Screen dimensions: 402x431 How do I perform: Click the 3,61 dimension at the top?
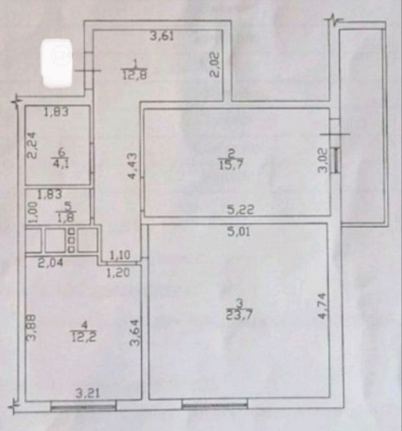(x=162, y=36)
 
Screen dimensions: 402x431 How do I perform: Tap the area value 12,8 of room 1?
(x=134, y=75)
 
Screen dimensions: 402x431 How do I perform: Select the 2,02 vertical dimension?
(x=215, y=65)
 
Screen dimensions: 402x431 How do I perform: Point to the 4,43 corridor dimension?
(x=132, y=166)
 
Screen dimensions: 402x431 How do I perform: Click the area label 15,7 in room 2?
(x=231, y=165)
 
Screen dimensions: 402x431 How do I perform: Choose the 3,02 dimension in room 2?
(x=323, y=160)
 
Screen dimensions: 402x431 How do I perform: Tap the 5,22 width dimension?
(x=241, y=210)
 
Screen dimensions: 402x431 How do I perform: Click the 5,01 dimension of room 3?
(x=239, y=232)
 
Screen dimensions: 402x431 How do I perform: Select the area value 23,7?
(x=239, y=314)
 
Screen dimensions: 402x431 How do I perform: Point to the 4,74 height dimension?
(x=323, y=306)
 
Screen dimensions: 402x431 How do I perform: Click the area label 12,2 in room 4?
(x=84, y=336)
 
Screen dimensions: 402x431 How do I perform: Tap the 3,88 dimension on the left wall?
(x=32, y=328)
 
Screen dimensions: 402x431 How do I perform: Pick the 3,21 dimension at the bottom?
(x=87, y=394)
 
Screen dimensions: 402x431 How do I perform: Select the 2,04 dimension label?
(x=51, y=262)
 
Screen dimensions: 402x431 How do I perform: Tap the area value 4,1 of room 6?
(x=60, y=164)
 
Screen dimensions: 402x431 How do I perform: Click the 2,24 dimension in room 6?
(x=32, y=145)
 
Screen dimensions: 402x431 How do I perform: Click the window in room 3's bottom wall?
(x=215, y=405)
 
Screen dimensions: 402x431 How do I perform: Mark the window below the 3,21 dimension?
(x=83, y=407)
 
